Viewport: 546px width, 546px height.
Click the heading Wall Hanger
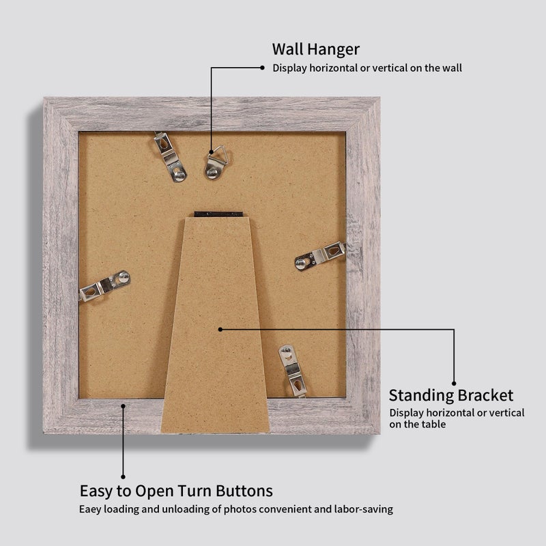(x=316, y=49)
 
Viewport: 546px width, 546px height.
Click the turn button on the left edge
(x=105, y=285)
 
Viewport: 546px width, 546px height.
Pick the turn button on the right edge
(x=320, y=255)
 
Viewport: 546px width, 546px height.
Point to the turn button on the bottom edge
(x=293, y=371)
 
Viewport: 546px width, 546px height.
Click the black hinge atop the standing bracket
(x=218, y=214)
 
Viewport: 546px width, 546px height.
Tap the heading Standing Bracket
(x=451, y=396)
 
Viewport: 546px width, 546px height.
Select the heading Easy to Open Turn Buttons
(x=176, y=491)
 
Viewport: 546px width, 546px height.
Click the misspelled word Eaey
(x=90, y=509)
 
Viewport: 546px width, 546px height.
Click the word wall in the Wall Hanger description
(x=452, y=68)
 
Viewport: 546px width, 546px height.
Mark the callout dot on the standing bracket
(x=220, y=329)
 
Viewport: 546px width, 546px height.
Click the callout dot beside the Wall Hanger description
(x=262, y=68)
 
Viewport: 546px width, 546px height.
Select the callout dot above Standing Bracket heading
(x=454, y=384)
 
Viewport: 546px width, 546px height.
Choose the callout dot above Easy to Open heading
(x=123, y=476)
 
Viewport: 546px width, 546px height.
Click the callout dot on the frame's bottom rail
(x=123, y=405)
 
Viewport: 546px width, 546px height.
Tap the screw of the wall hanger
(x=212, y=173)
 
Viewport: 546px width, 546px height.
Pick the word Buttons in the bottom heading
(x=244, y=491)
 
